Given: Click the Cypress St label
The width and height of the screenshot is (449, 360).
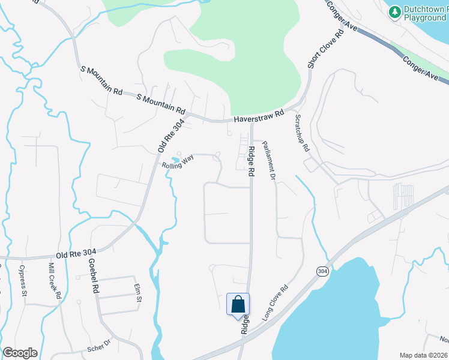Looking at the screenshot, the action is click(x=23, y=281).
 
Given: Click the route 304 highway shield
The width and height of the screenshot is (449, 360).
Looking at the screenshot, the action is click(x=322, y=271).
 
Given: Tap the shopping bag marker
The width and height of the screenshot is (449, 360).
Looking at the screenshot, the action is click(x=238, y=304).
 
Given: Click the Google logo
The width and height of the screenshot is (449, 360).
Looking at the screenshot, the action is click(x=20, y=353).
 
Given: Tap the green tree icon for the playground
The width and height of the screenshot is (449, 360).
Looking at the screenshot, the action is click(x=394, y=12).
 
